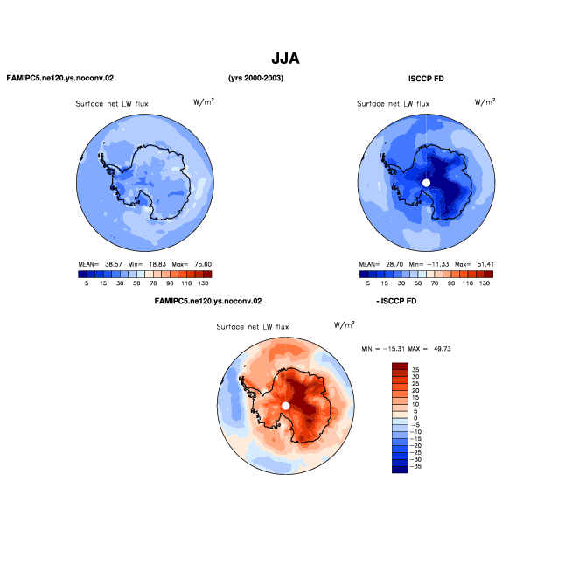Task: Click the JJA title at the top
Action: point(285,59)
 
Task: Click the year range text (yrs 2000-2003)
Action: point(255,78)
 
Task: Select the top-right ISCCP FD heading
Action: point(426,79)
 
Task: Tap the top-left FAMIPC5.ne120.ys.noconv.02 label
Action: point(60,78)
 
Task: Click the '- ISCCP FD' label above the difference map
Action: point(396,301)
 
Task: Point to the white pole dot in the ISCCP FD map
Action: point(426,183)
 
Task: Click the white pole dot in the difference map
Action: point(286,406)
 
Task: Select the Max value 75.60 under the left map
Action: point(203,264)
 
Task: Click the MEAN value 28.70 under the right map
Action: point(394,264)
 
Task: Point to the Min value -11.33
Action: point(438,264)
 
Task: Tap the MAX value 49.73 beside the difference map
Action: point(443,349)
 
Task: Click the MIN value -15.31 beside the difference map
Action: point(394,349)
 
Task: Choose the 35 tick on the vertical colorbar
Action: point(415,370)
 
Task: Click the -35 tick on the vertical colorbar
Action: point(415,466)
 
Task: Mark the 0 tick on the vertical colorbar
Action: point(415,418)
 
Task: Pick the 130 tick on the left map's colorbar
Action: point(203,283)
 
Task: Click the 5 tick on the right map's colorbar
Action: point(368,283)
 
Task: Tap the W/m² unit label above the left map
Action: point(204,101)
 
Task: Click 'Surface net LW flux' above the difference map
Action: point(253,327)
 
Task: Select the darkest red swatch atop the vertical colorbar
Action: point(400,366)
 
